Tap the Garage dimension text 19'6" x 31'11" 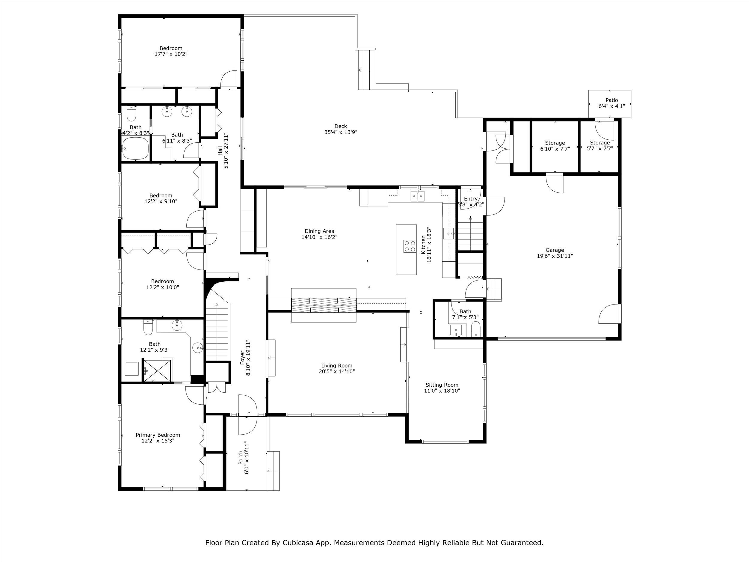point(555,256)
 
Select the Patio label point(611,100)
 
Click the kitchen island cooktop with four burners point(410,246)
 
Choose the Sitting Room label point(442,385)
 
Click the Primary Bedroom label point(158,435)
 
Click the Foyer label point(242,358)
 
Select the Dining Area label point(319,231)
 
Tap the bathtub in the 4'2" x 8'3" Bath point(135,148)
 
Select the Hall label point(221,151)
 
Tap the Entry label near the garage point(471,199)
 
